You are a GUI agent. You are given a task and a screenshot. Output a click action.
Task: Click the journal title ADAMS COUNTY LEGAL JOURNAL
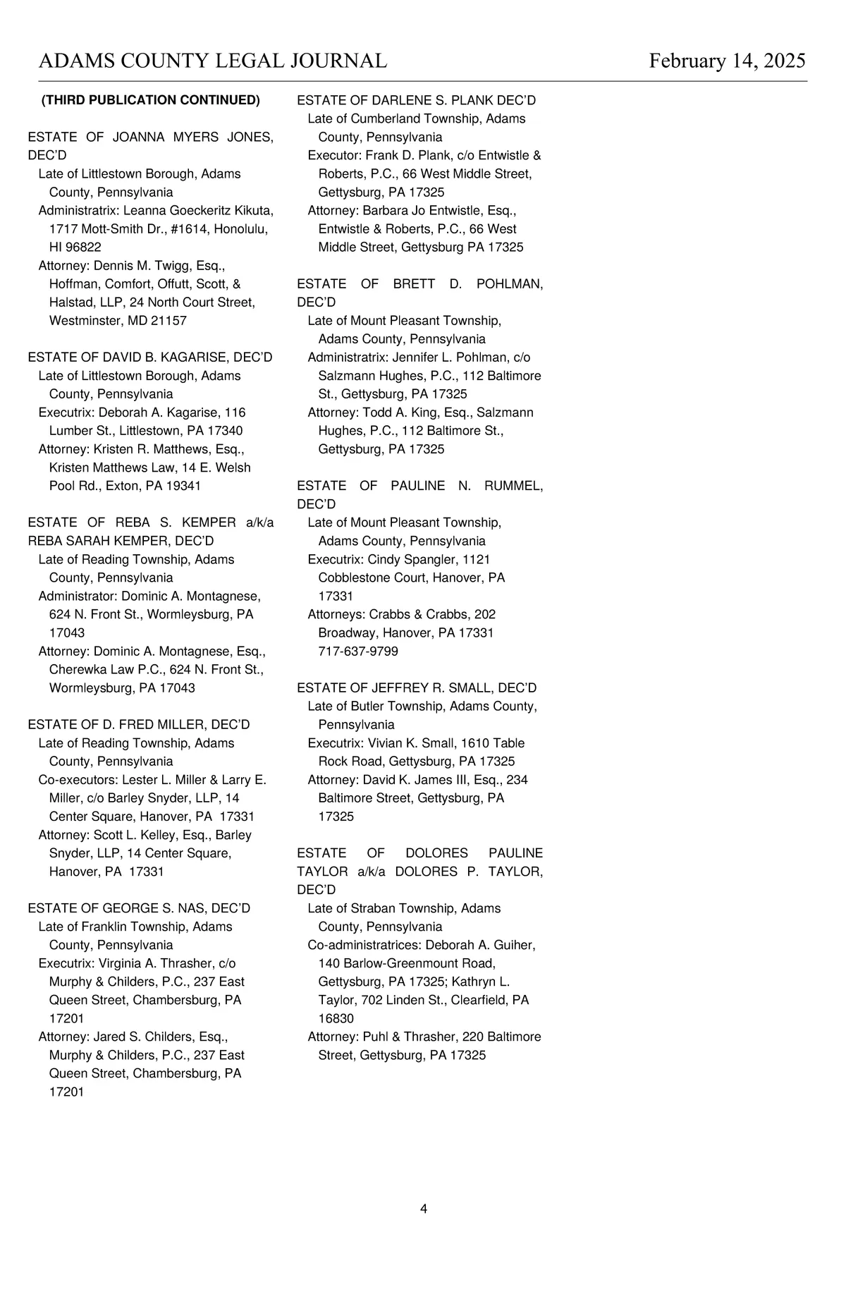[212, 61]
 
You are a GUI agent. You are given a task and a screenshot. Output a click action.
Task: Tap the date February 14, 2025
[727, 61]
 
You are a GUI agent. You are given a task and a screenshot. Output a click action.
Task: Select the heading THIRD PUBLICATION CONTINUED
[150, 100]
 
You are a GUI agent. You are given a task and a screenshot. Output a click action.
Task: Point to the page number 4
[424, 1209]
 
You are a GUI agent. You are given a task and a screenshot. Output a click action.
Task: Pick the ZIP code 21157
[168, 321]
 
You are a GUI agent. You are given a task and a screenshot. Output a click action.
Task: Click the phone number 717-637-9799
[358, 652]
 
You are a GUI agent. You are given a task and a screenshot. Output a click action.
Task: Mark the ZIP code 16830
[336, 1018]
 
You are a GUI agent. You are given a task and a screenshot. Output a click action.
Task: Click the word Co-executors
[78, 780]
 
